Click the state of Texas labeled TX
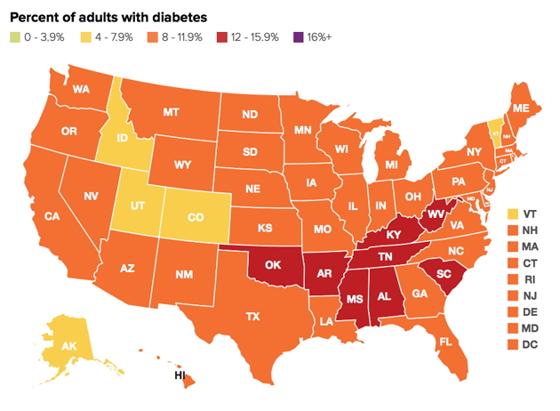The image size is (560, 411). [252, 316]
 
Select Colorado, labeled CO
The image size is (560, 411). [198, 216]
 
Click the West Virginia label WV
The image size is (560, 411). [436, 214]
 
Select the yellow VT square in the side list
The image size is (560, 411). [511, 214]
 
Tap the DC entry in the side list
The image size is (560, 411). [511, 343]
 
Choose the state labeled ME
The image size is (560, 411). [521, 108]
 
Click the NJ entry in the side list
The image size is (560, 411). [511, 294]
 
